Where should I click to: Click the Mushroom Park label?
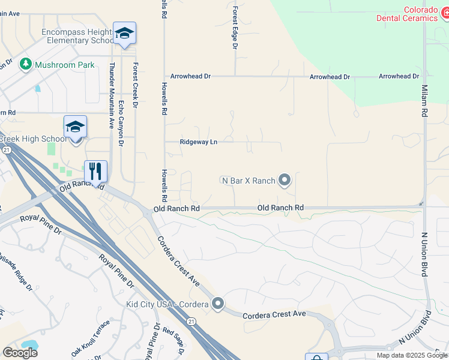[64, 65]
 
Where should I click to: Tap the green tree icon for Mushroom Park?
[25, 64]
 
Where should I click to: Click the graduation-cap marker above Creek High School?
[76, 127]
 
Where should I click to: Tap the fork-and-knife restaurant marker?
[95, 171]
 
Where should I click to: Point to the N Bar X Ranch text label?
[248, 180]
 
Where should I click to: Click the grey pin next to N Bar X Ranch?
[285, 179]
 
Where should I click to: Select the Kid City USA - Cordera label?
[167, 304]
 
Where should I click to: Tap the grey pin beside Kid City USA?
[217, 304]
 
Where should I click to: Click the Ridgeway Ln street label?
[198, 142]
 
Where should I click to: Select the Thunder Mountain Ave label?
[111, 96]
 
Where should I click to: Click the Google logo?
[20, 353]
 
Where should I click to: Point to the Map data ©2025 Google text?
[411, 355]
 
